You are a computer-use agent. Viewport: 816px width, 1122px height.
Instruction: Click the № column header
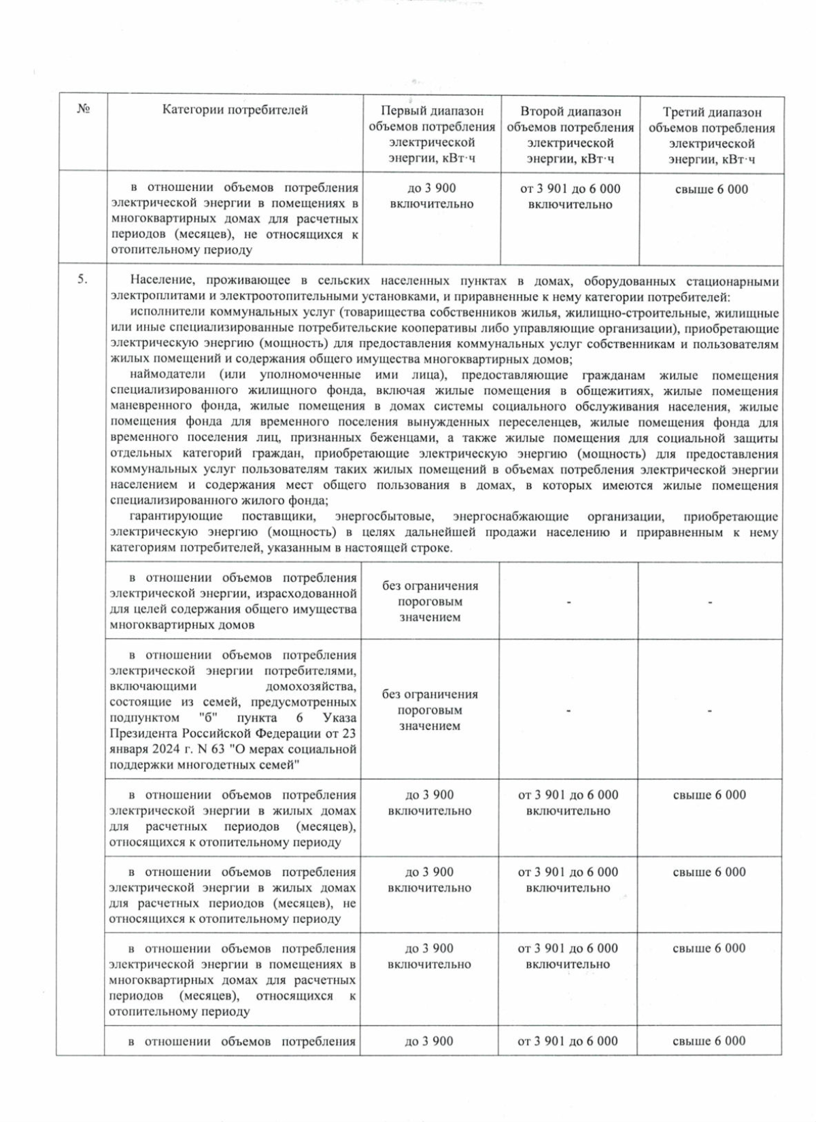(x=84, y=110)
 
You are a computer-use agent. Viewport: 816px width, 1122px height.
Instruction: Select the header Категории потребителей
(x=235, y=110)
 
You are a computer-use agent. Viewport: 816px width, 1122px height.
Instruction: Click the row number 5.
(x=83, y=280)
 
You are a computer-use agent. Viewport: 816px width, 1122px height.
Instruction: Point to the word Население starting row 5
(x=156, y=281)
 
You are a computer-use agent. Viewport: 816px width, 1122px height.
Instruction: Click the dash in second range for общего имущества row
(x=568, y=602)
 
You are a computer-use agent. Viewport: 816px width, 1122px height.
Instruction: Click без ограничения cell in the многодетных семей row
(x=430, y=710)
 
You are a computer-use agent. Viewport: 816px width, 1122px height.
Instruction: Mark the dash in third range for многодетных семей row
(x=709, y=711)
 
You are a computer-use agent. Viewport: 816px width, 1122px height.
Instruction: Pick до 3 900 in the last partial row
(x=429, y=1041)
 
